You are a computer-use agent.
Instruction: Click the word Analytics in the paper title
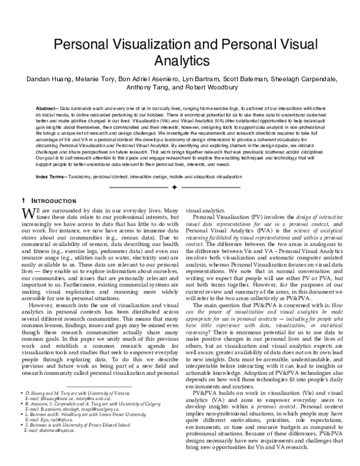[x=179, y=61]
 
